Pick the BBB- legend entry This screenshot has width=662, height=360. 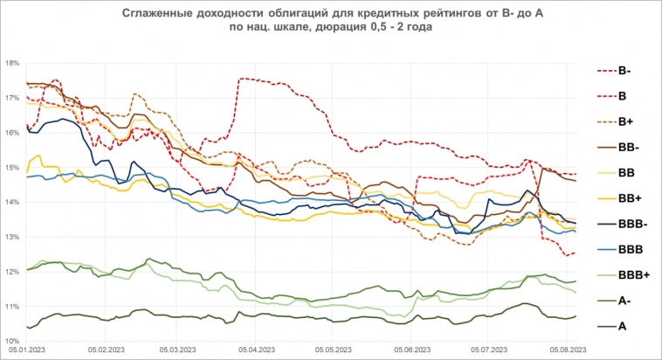[x=631, y=225]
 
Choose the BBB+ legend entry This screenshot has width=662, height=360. [x=631, y=275]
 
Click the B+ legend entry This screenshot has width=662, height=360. [x=625, y=121]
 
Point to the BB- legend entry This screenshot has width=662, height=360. [x=627, y=148]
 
